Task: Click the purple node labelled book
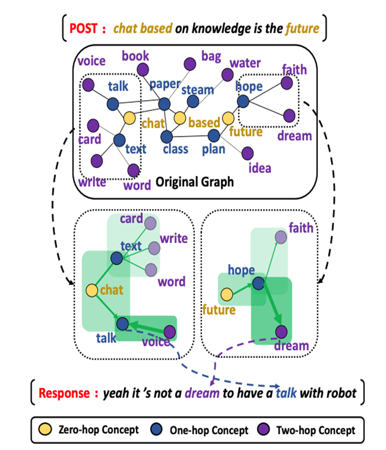143,69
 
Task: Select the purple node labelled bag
190,64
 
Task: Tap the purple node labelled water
227,75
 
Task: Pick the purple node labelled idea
247,153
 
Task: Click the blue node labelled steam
193,102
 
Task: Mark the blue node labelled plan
213,135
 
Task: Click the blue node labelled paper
164,104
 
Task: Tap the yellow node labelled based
180,118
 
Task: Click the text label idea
260,168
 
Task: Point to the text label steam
197,90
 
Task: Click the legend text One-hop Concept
209,430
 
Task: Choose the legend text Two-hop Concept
316,430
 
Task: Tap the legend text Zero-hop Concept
99,430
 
